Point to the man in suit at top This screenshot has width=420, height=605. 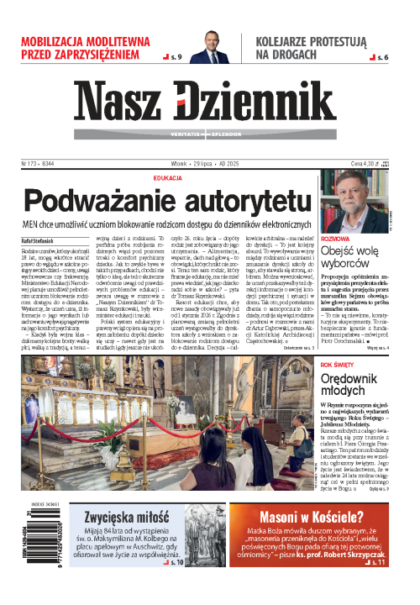pyautogui.click(x=210, y=46)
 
